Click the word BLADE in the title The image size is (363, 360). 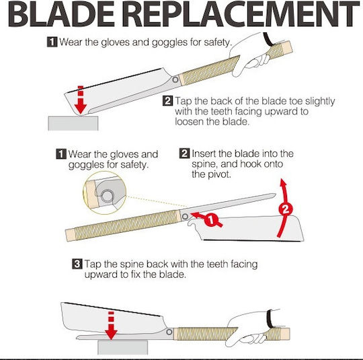pyautogui.click(x=61, y=14)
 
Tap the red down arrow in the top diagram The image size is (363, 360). pyautogui.click(x=81, y=100)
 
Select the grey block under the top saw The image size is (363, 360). pyautogui.click(x=73, y=123)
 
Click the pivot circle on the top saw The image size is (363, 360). pyautogui.click(x=175, y=80)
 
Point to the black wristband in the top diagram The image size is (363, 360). pyautogui.click(x=268, y=40)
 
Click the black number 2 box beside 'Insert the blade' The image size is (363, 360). pyautogui.click(x=184, y=153)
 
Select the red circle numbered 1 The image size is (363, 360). pyautogui.click(x=211, y=219)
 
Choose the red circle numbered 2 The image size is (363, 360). pyautogui.click(x=286, y=209)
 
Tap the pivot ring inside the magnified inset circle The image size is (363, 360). pyautogui.click(x=107, y=196)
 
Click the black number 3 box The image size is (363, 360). pyautogui.click(x=77, y=264)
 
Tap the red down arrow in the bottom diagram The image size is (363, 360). pyautogui.click(x=111, y=326)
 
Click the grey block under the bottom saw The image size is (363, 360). pyautogui.click(x=123, y=347)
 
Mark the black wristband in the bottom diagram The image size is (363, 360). pyautogui.click(x=270, y=319)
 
